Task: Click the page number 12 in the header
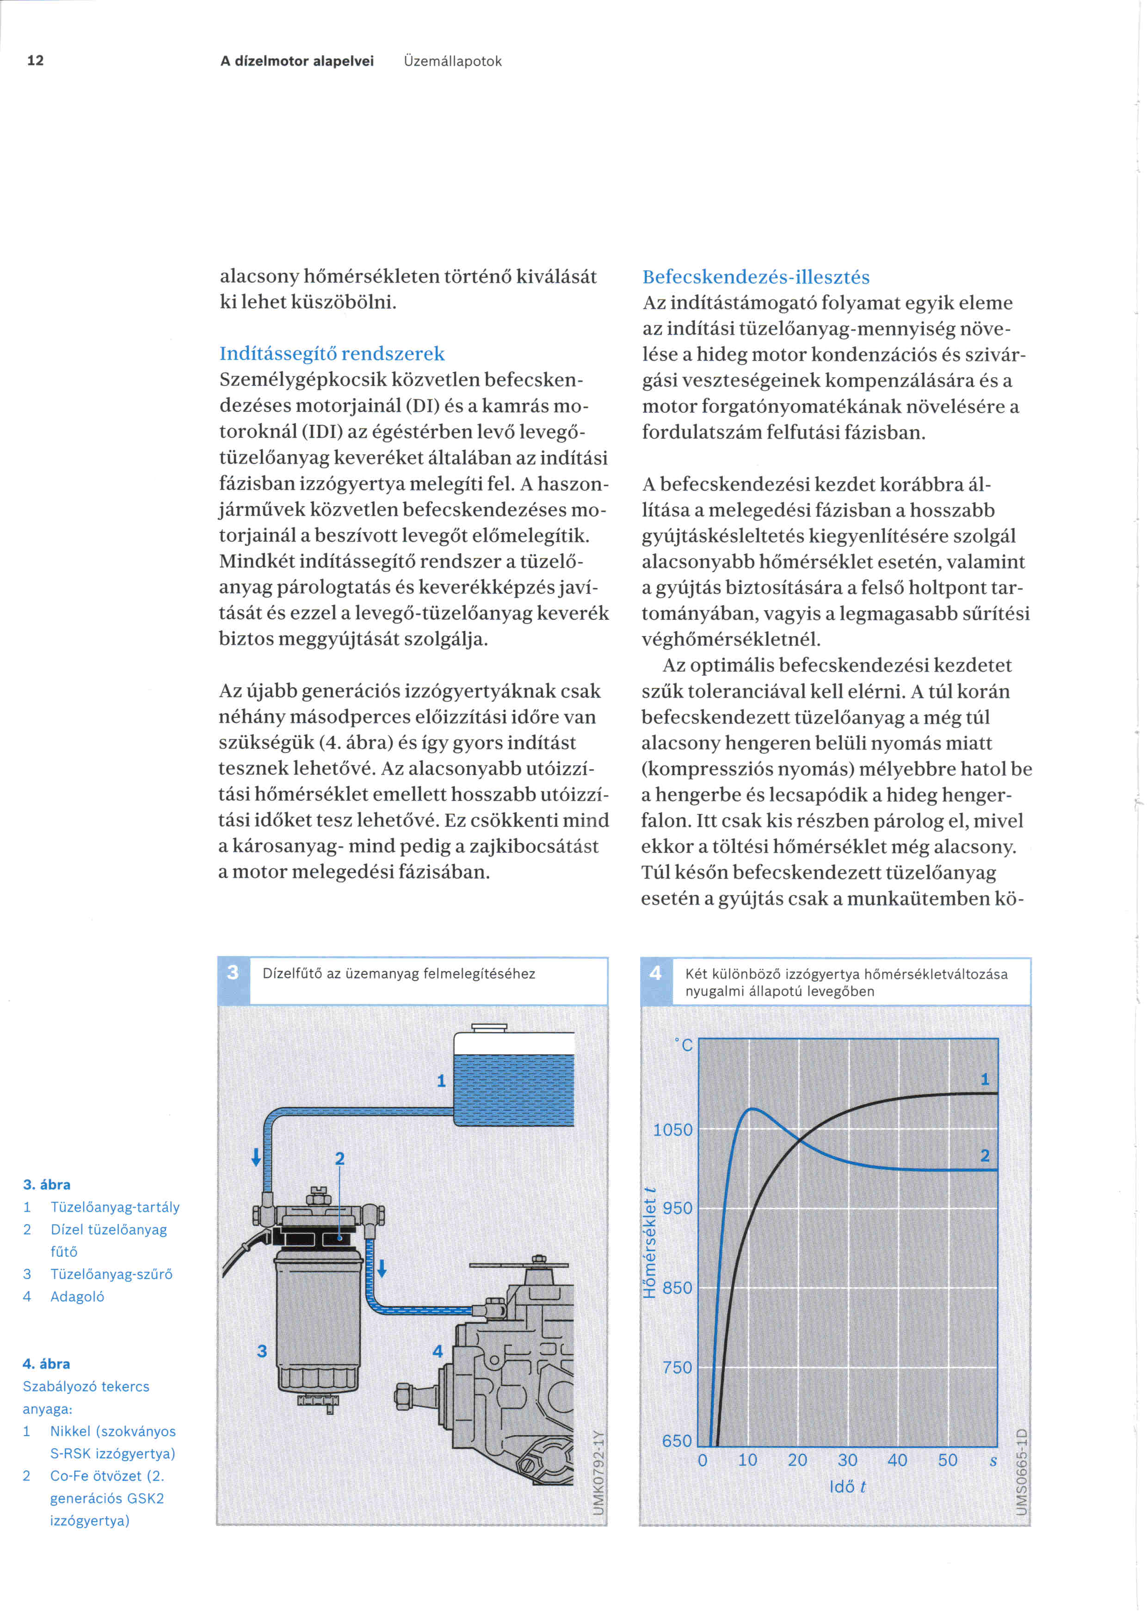(35, 61)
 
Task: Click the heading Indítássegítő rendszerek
(332, 354)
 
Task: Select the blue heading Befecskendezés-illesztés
(756, 277)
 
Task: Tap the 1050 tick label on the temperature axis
(672, 1130)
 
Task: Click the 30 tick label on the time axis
(848, 1460)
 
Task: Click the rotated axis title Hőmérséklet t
(650, 1242)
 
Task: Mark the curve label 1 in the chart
(985, 1079)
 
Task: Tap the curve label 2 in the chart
(985, 1156)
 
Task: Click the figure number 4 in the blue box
(655, 973)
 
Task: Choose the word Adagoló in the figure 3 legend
(77, 1296)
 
